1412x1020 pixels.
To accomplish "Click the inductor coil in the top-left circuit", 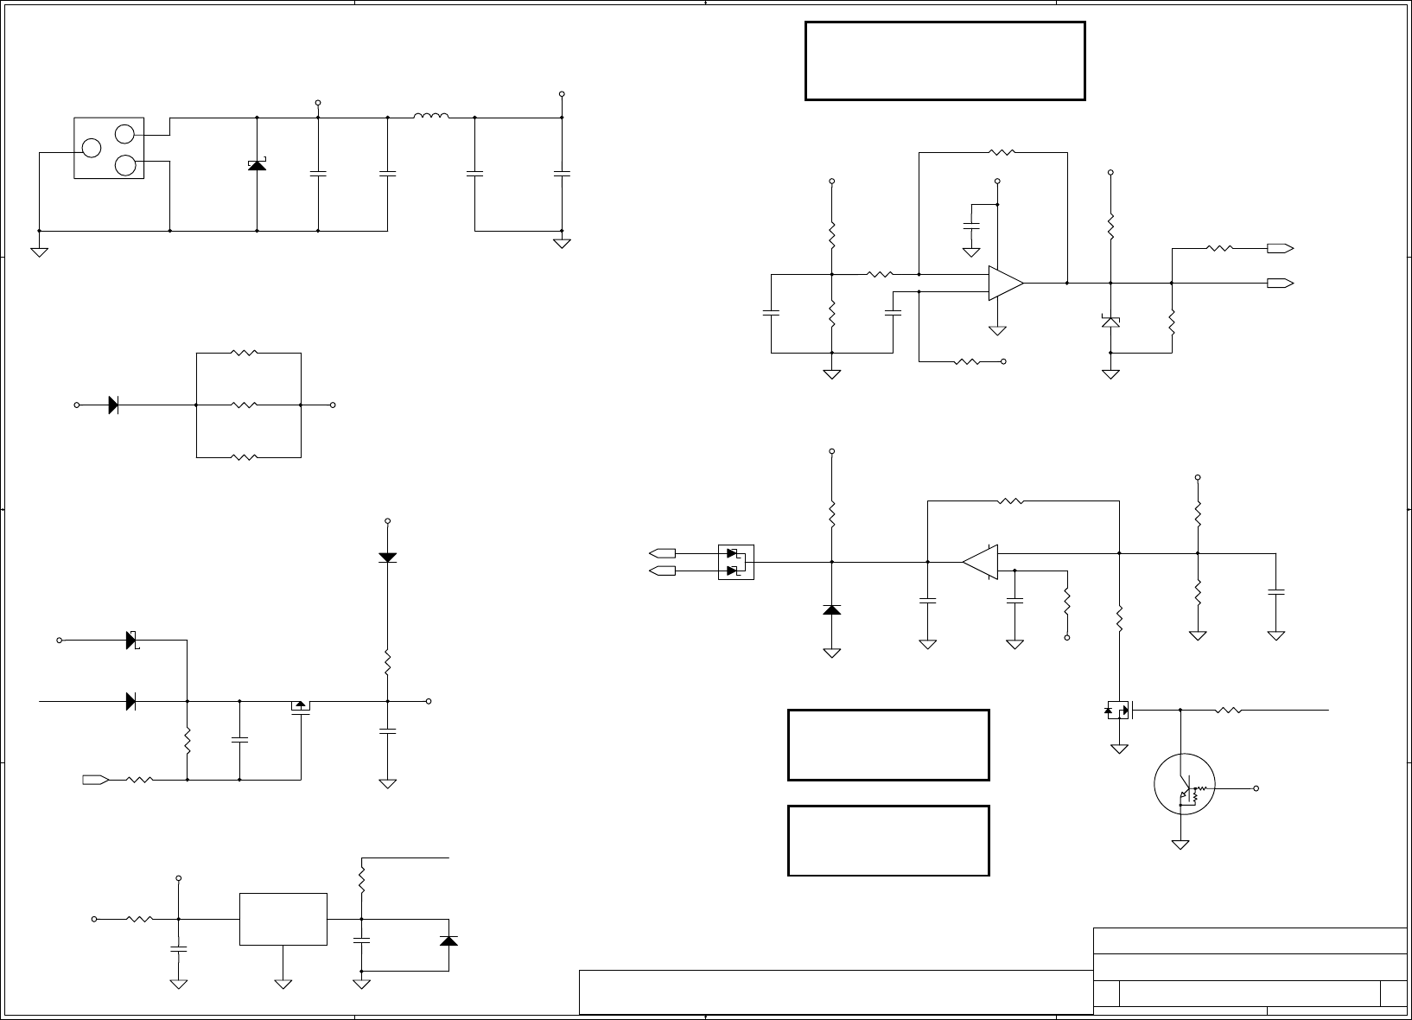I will click(x=431, y=117).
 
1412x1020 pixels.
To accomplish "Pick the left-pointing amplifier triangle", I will click(x=981, y=562).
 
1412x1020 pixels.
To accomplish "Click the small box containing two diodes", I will click(x=736, y=562).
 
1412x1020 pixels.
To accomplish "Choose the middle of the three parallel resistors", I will click(x=245, y=405).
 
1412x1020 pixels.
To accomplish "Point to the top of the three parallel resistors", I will click(x=245, y=353).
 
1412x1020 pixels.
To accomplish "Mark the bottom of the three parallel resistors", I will click(x=245, y=457).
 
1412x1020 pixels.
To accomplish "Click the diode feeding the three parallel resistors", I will click(x=113, y=405).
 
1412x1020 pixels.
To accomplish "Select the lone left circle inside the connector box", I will click(x=92, y=148).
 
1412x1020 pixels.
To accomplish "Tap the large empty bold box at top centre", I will click(x=945, y=61).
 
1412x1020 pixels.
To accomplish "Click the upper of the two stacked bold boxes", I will click(x=888, y=745).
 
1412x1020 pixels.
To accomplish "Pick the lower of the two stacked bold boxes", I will click(x=888, y=841).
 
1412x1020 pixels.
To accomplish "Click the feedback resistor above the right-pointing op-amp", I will click(x=1002, y=153).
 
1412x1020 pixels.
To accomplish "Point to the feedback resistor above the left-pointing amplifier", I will click(x=1010, y=501).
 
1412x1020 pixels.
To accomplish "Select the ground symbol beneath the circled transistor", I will click(x=1180, y=844).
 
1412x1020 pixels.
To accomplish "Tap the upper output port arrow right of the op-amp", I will click(x=1280, y=249).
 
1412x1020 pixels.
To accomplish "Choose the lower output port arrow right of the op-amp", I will click(x=1280, y=283).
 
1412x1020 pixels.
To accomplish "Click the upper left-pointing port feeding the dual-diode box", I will click(x=663, y=553).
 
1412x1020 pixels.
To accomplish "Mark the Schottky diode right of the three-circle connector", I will click(x=257, y=163).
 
